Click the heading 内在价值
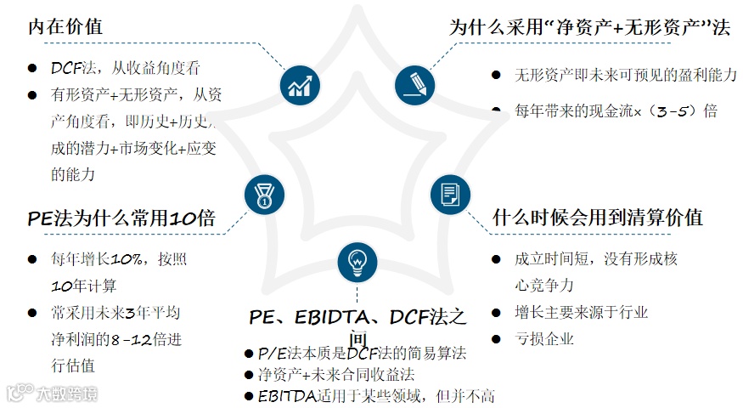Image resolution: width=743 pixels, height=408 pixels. [65, 26]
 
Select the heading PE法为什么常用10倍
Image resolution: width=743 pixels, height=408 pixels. [121, 218]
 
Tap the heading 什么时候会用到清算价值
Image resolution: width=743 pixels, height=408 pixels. [598, 217]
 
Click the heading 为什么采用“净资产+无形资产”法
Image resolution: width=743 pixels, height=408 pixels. [589, 27]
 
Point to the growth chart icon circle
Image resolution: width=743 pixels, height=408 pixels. [298, 85]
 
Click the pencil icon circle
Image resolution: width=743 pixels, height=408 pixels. [414, 85]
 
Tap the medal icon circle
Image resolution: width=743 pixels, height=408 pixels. [263, 194]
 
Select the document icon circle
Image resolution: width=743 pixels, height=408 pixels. [449, 194]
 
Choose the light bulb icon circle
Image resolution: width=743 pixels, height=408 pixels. [357, 262]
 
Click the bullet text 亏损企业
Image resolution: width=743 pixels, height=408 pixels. [544, 338]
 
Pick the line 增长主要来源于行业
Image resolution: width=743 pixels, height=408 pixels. [581, 312]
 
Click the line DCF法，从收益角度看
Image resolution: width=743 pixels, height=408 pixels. [125, 68]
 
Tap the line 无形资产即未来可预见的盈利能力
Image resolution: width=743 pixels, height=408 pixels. [625, 75]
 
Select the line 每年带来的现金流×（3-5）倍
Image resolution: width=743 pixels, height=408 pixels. [616, 110]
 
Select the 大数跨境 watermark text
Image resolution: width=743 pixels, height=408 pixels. [66, 394]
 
